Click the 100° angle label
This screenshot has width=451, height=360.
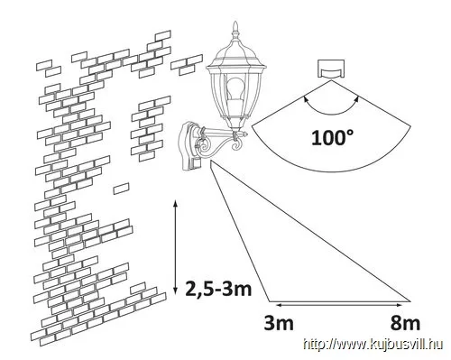point(332,138)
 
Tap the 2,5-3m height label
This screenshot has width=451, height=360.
point(218,289)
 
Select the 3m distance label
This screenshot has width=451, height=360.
point(279,323)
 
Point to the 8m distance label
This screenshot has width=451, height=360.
point(405,323)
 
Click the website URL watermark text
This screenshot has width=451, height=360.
point(373,345)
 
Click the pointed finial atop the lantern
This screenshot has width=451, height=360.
point(235,30)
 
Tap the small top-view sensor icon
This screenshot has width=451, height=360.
point(331,69)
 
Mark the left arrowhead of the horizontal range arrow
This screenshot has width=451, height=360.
point(279,305)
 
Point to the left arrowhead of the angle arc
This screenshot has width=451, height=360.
point(306,98)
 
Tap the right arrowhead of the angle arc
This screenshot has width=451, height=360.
point(357,98)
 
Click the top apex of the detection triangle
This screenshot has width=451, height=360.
point(212,162)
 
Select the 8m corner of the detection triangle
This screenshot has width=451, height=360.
point(410,300)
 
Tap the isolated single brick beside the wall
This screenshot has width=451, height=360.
point(122,189)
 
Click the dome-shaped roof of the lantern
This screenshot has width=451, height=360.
point(236,52)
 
